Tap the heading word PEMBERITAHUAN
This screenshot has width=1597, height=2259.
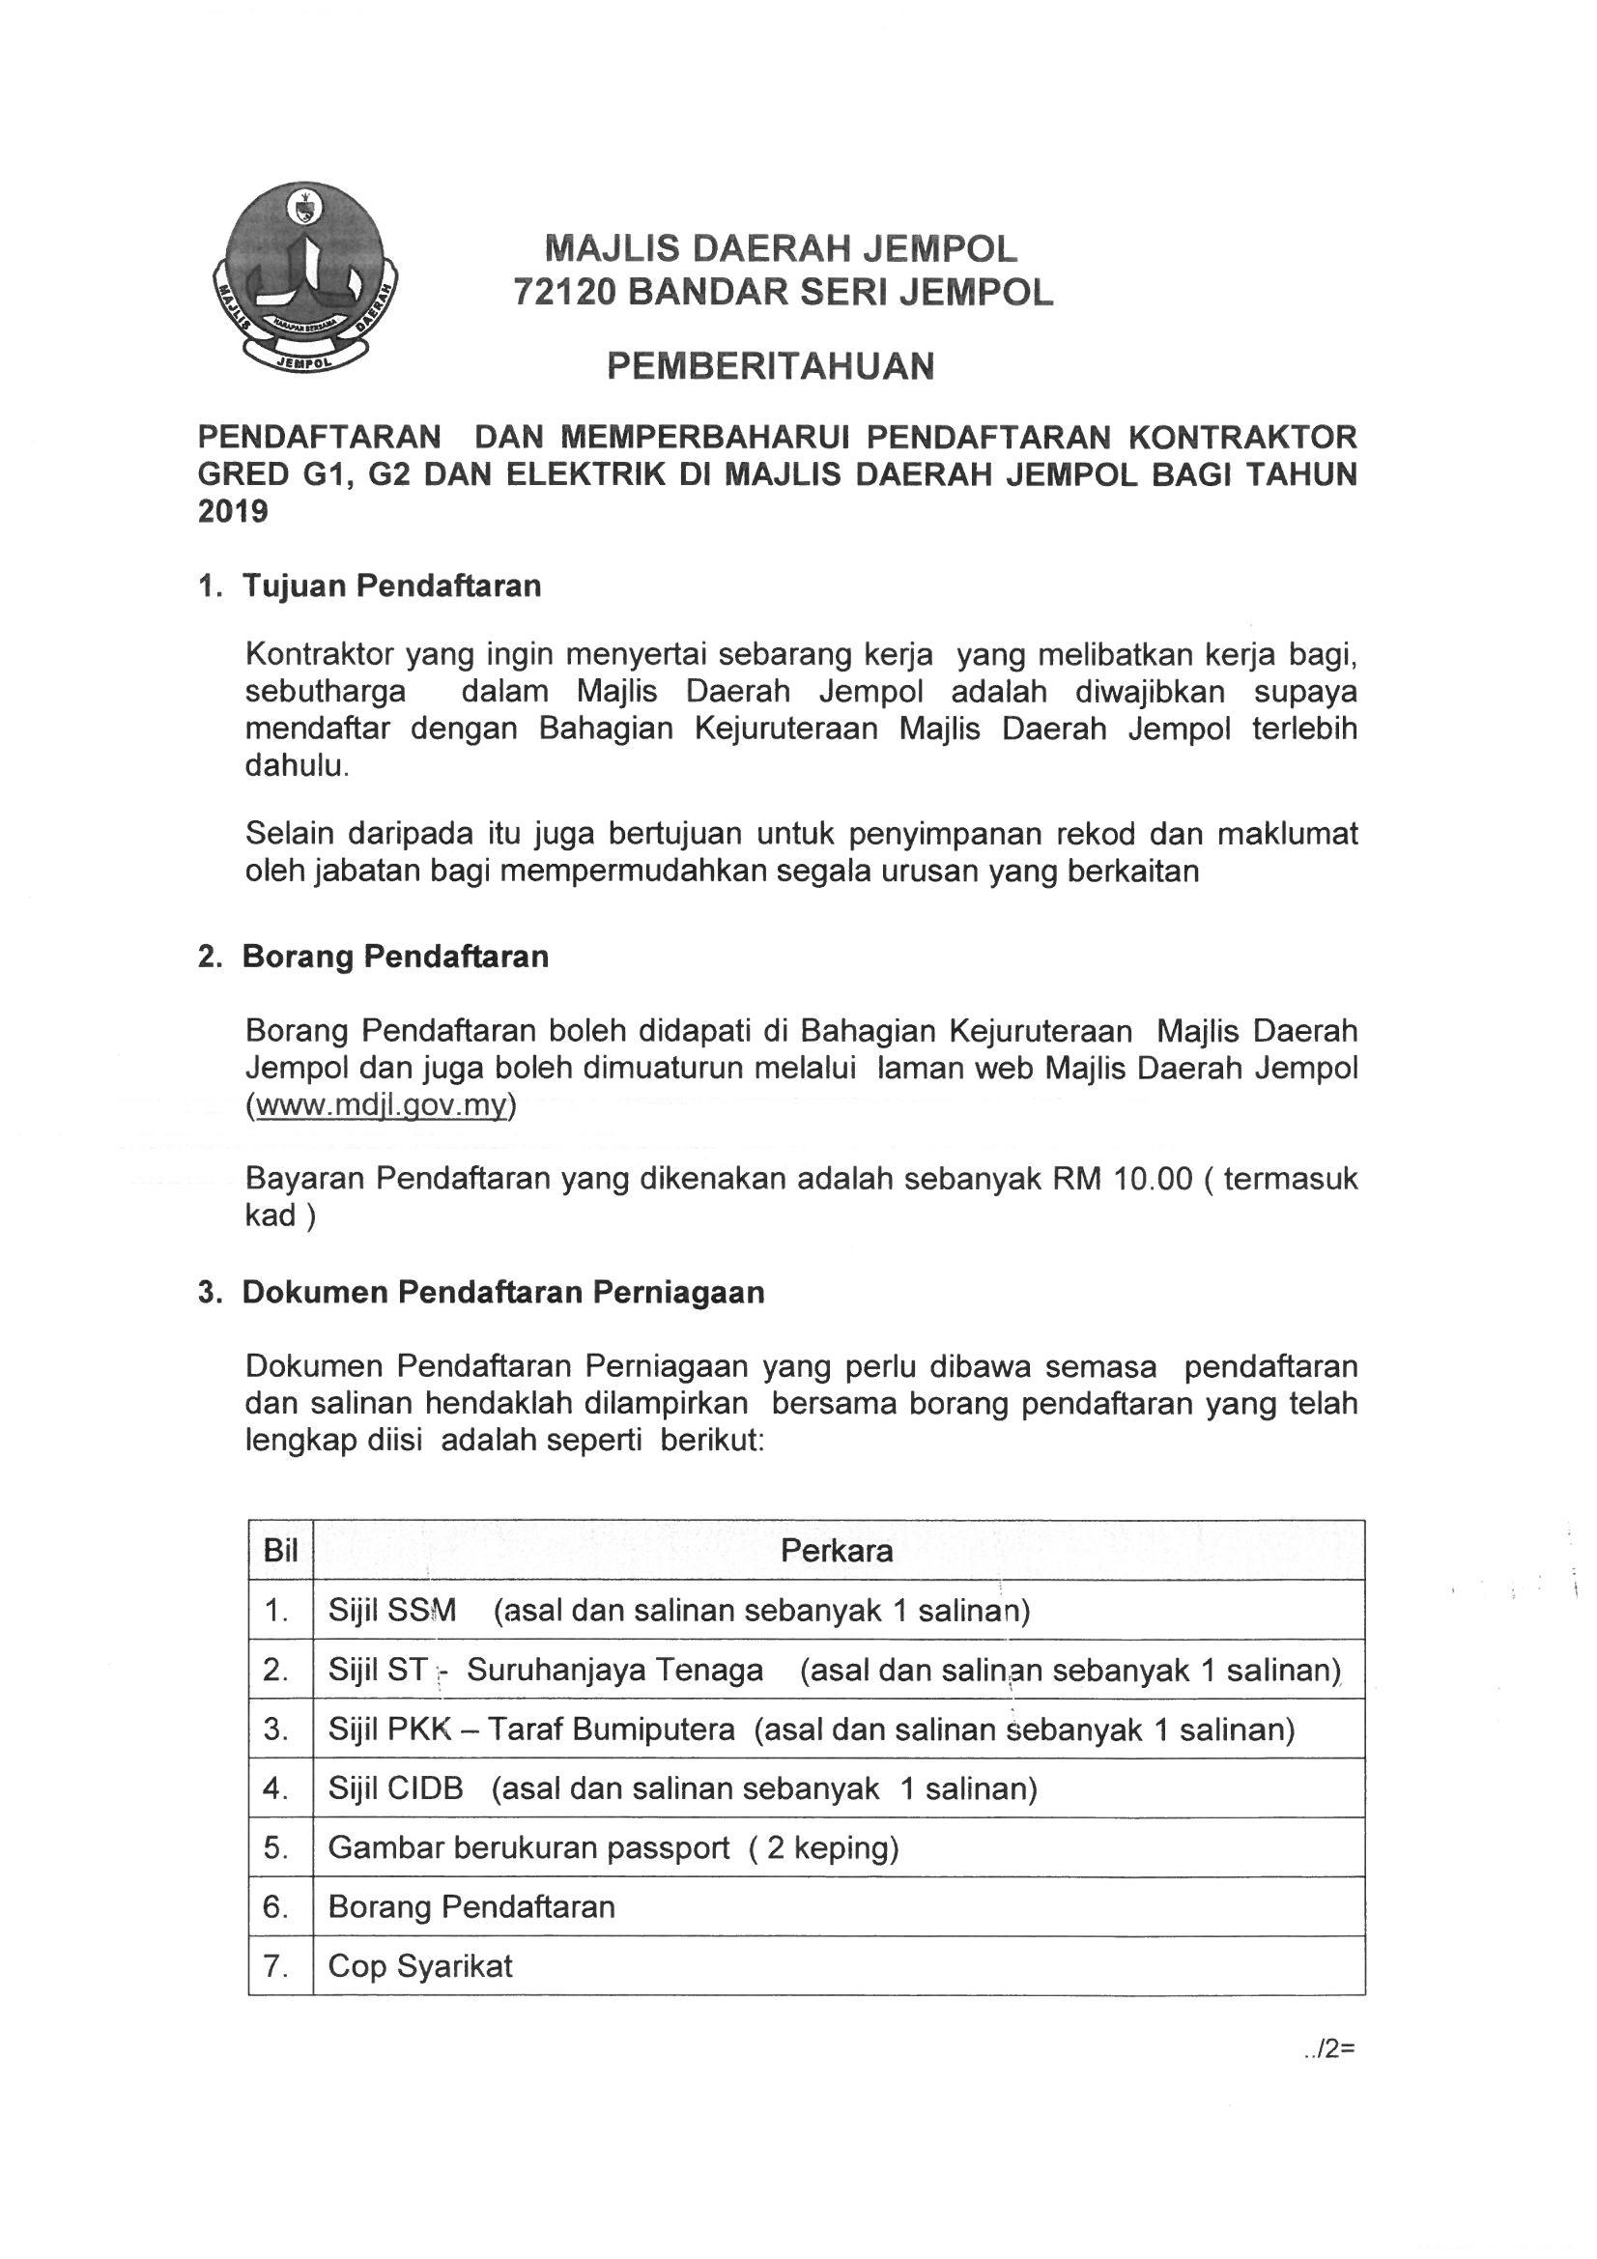(770, 367)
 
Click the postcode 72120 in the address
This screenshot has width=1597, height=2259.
(564, 292)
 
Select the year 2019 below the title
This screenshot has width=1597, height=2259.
(233, 512)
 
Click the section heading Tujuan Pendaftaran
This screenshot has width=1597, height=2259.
(391, 586)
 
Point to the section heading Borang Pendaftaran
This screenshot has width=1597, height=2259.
(394, 957)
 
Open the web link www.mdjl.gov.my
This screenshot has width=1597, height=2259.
(381, 1105)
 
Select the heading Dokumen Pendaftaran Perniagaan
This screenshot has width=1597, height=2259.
(502, 1292)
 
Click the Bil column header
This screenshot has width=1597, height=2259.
(280, 1552)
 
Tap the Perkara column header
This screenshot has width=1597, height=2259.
(837, 1552)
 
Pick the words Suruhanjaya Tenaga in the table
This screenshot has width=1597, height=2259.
(615, 1670)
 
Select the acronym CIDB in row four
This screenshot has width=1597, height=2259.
(425, 1787)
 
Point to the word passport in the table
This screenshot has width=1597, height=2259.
(669, 1847)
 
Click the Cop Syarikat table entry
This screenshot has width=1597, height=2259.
(420, 1966)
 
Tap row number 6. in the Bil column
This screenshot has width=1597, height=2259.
(275, 1906)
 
